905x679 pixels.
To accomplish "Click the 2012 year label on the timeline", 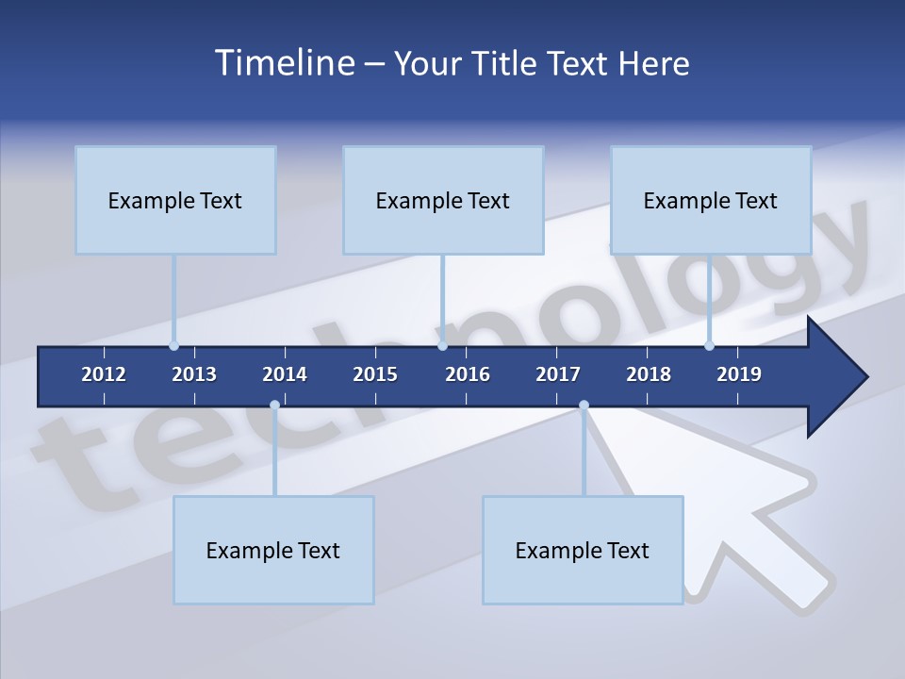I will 104,374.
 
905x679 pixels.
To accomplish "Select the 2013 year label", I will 194,374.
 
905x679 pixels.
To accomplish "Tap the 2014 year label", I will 285,374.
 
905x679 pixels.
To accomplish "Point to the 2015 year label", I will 375,374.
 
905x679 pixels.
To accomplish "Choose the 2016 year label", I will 468,374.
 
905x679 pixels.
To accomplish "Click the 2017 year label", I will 558,374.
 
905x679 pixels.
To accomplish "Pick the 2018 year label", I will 649,374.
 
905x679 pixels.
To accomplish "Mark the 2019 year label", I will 739,374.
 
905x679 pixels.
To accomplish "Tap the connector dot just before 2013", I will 173,346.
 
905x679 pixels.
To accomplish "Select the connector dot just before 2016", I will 442,346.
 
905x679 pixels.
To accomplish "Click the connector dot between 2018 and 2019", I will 710,346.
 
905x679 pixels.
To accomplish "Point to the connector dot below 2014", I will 274,406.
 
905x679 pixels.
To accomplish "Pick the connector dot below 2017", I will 584,406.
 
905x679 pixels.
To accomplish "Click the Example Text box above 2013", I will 175,200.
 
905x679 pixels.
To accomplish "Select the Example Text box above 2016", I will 443,200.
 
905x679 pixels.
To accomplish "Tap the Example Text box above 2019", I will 711,200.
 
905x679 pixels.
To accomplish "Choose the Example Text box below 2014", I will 273,550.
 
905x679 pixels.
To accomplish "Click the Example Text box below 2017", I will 583,550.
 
